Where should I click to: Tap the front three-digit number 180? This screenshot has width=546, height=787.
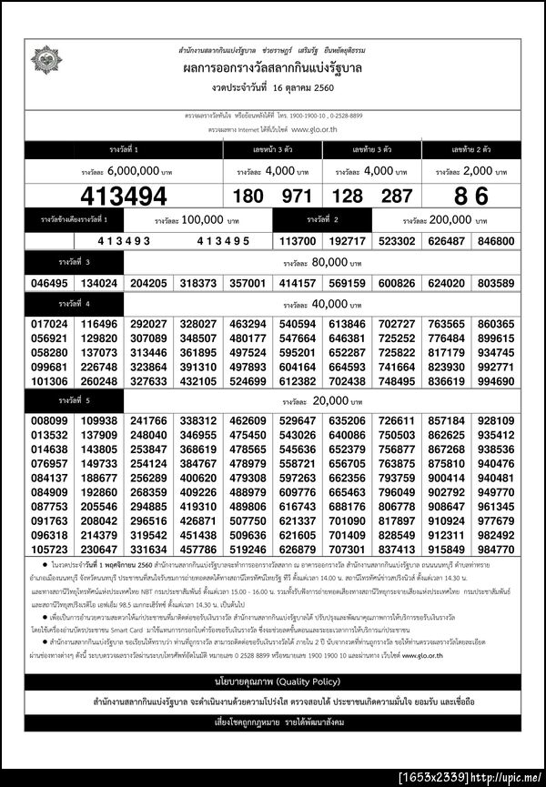[x=248, y=196]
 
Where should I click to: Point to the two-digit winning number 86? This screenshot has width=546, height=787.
[x=470, y=196]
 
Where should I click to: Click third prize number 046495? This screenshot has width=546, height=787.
[x=49, y=283]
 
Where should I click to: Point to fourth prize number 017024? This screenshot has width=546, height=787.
[x=49, y=324]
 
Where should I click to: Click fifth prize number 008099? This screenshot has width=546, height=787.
[x=49, y=421]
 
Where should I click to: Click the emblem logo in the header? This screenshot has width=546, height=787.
[x=46, y=60]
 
